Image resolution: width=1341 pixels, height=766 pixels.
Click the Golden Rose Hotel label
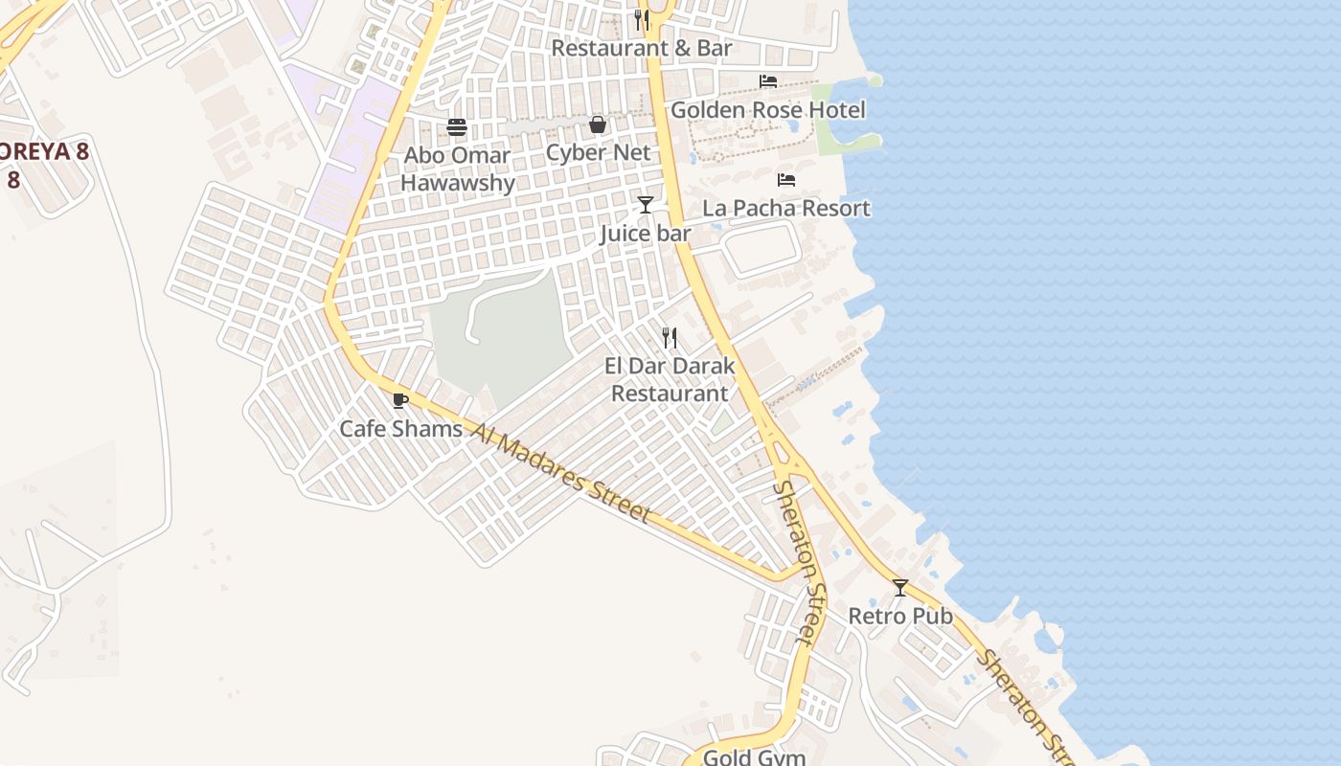[767, 110]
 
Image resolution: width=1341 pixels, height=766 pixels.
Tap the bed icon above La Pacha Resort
[786, 180]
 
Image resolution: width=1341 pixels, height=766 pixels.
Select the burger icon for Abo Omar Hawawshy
[457, 127]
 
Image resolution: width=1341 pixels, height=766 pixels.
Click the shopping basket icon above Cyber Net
[598, 124]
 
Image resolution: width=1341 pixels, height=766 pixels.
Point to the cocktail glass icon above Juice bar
[646, 204]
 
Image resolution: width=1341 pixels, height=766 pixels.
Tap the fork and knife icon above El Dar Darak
[670, 337]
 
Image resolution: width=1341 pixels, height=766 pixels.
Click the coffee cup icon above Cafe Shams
[400, 400]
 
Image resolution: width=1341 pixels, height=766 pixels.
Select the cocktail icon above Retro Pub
[900, 587]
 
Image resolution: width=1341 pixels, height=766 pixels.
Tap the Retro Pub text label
[900, 616]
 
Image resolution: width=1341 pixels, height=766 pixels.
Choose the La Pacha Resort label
[786, 208]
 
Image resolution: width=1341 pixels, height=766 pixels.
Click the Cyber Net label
[598, 152]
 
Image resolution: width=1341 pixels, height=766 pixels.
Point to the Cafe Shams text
[400, 428]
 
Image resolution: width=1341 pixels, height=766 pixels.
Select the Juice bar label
[646, 233]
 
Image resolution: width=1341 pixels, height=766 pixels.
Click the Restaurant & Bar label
[642, 48]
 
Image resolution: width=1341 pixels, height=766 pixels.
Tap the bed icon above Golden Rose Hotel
[768, 81]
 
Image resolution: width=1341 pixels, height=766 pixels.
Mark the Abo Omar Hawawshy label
[457, 169]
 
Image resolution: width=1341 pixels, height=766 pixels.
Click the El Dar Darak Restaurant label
[670, 379]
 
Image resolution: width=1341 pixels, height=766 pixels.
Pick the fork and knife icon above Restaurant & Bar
[642, 19]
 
